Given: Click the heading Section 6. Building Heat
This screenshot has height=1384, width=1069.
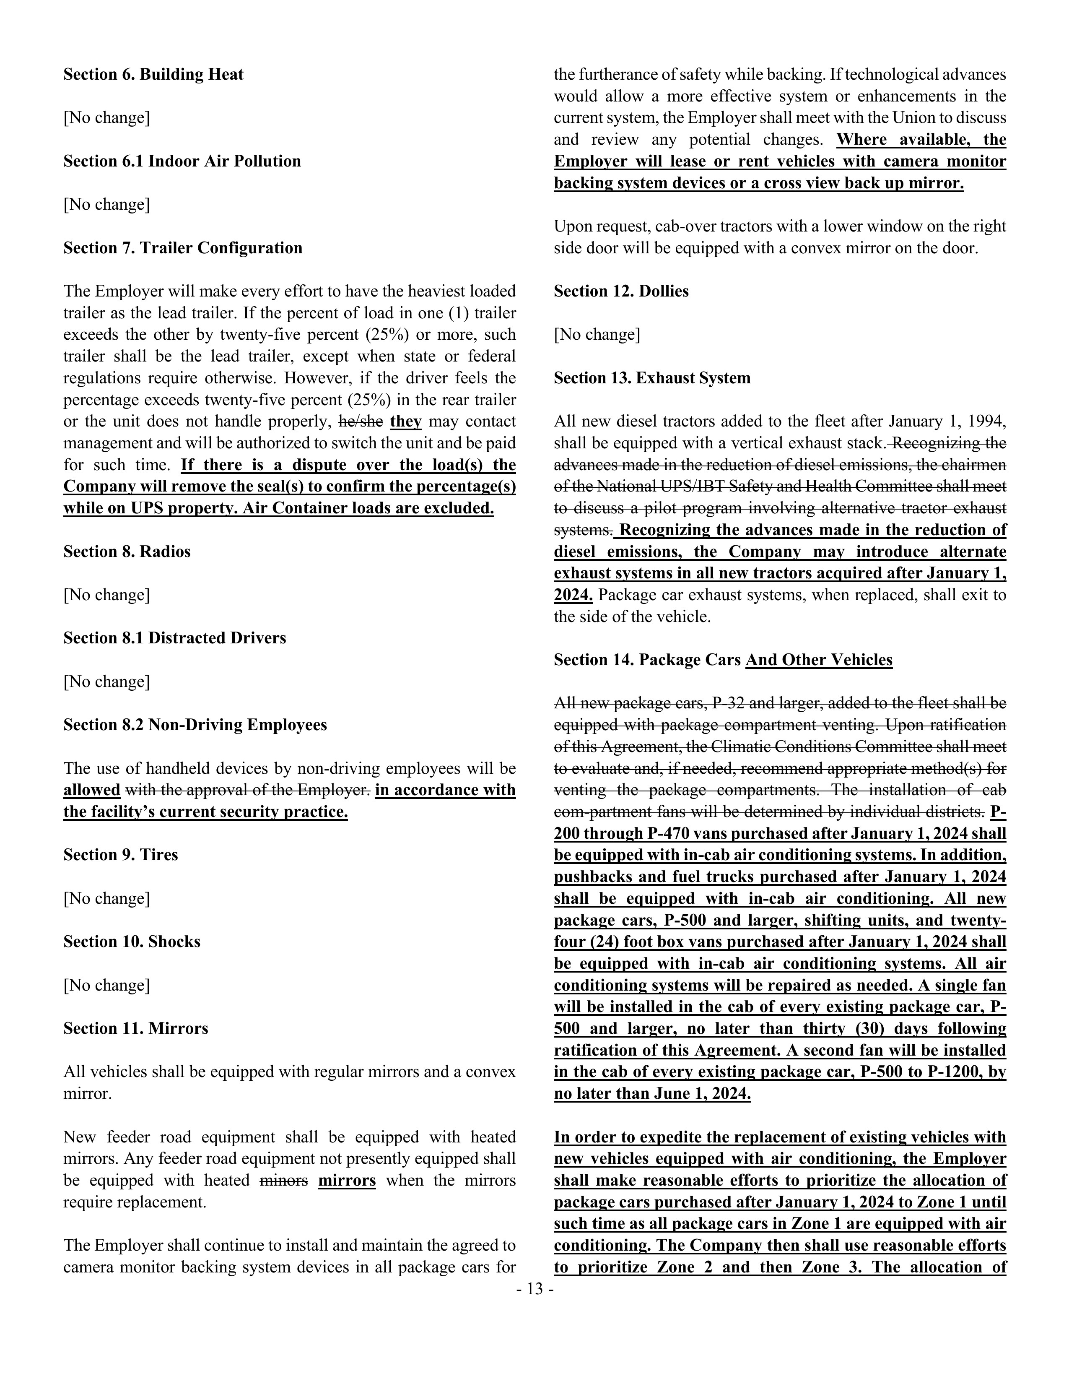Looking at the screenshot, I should pos(153,75).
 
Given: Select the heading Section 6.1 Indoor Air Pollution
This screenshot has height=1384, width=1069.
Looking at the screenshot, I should pos(182,161).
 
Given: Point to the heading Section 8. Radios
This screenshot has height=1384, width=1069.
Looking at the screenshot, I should pos(127,552).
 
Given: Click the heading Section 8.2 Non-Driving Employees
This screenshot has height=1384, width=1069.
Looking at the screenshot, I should pos(195,725).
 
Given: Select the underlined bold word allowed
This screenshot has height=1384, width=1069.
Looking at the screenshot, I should pos(92,790).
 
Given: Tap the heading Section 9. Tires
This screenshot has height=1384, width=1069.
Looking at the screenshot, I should pos(120,855).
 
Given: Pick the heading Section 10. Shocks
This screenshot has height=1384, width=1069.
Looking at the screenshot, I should pos(132,942).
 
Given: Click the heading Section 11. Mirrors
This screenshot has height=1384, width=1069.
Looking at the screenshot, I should pos(135,1028).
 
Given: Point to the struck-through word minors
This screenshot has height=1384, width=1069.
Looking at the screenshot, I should pos(284,1181).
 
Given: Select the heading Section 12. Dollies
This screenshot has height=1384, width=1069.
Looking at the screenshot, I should pos(620,291).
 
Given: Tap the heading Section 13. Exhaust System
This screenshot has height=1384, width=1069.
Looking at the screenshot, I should pos(651,378).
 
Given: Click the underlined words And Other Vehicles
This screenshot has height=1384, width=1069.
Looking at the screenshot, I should pos(819,660).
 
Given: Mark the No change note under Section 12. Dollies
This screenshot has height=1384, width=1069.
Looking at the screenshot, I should pos(597,335).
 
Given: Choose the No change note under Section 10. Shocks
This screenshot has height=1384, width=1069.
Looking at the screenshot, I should pos(106,986).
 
